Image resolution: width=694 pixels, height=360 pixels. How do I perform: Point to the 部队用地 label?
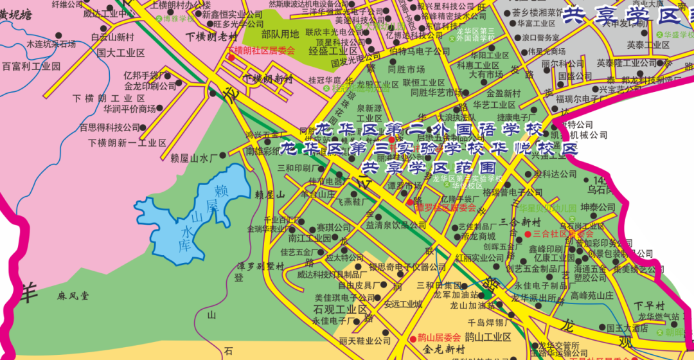280,33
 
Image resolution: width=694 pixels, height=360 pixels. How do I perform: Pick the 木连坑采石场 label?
51,44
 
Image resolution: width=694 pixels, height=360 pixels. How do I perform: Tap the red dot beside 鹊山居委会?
413,338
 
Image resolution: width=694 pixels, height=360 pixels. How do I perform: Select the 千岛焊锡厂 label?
489,322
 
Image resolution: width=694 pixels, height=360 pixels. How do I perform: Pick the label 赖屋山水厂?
195,156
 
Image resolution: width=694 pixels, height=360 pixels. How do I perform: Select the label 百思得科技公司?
109,127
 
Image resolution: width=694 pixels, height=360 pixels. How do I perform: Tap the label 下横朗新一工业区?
127,143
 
